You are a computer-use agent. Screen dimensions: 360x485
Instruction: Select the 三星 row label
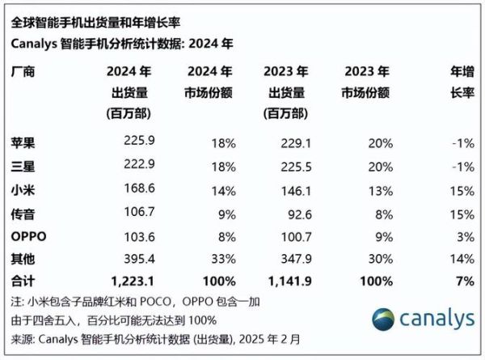pos(25,167)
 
